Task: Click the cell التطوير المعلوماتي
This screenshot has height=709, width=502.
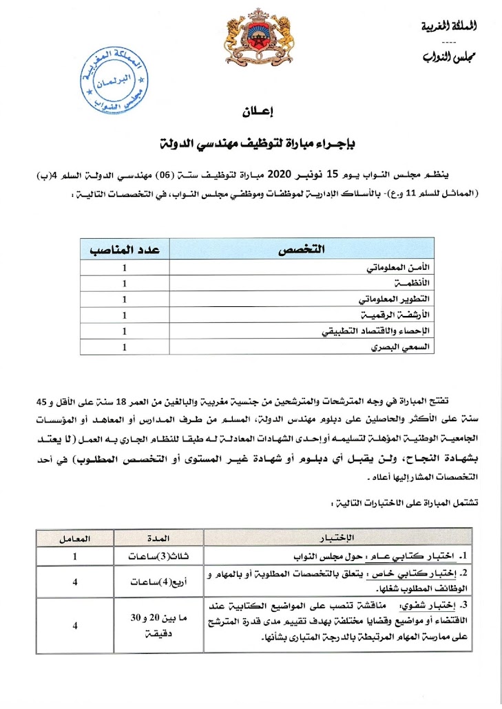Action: [392, 299]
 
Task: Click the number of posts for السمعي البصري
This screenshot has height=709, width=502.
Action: [125, 348]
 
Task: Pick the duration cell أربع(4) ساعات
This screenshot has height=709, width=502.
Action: [158, 581]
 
